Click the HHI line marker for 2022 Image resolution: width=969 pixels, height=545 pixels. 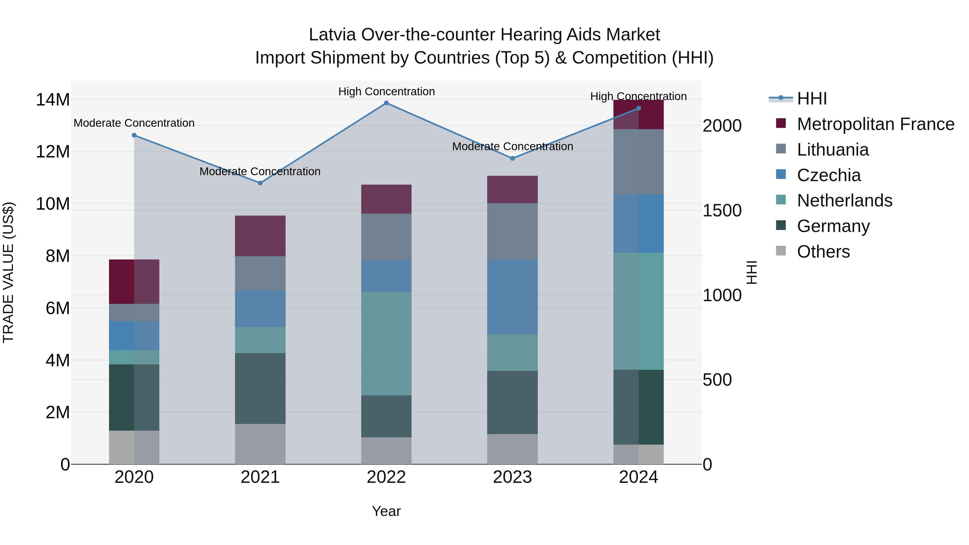pyautogui.click(x=386, y=103)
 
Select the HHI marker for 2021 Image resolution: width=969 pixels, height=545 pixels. pyautogui.click(x=260, y=183)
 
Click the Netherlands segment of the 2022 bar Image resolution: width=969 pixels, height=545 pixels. pyautogui.click(x=386, y=343)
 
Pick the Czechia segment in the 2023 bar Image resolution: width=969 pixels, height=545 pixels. pyautogui.click(x=512, y=297)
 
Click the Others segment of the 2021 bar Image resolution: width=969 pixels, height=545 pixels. pyautogui.click(x=260, y=444)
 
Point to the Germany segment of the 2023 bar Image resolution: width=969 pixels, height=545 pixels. pyautogui.click(x=512, y=402)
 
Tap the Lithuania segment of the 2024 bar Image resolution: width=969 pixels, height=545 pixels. pyautogui.click(x=638, y=162)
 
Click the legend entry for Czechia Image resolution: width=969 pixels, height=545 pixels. pyautogui.click(x=829, y=175)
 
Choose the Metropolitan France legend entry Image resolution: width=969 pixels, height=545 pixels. pyautogui.click(x=875, y=124)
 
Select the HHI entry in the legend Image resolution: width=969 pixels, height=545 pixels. pyautogui.click(x=812, y=99)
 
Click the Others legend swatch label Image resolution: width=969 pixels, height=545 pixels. pyautogui.click(x=823, y=252)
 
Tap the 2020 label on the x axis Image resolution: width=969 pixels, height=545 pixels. pyautogui.click(x=134, y=477)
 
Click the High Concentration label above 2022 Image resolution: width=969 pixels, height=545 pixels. pyautogui.click(x=386, y=92)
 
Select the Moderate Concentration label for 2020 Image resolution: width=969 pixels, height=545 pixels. pyautogui.click(x=134, y=123)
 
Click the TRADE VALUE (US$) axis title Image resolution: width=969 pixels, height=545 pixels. pyautogui.click(x=8, y=272)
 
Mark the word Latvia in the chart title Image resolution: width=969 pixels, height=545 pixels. pyautogui.click(x=332, y=35)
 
